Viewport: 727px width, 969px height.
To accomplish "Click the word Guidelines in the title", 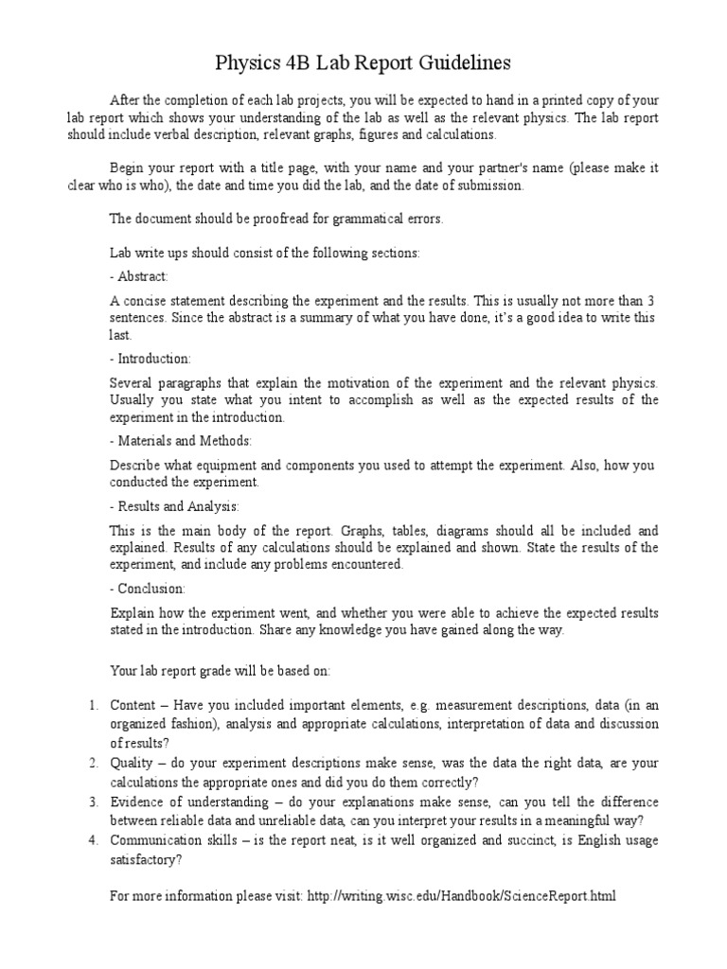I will (x=453, y=62).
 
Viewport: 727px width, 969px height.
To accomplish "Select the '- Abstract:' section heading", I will (x=139, y=276).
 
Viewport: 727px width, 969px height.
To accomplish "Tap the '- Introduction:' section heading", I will (x=151, y=359).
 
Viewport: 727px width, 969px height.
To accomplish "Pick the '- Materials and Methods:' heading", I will (x=181, y=441).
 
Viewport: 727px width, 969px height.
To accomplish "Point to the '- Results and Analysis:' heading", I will (x=175, y=506).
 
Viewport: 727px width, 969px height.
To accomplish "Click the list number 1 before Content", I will (x=94, y=705).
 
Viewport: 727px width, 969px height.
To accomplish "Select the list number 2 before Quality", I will (x=94, y=763).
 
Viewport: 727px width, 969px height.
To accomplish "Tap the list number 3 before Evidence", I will (x=94, y=802).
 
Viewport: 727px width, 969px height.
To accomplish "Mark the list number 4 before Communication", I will (x=94, y=840).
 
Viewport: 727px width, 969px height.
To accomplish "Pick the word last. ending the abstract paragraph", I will (x=120, y=334).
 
